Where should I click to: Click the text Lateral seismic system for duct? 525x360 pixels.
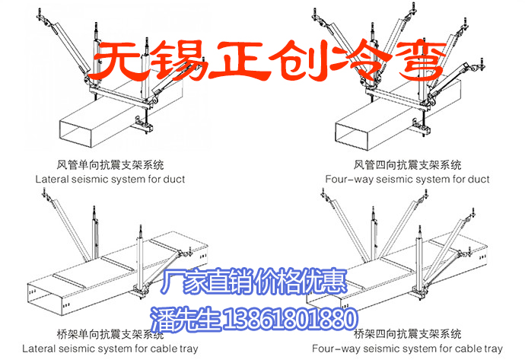coord(110,180)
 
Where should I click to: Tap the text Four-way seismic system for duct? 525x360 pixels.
coord(407,180)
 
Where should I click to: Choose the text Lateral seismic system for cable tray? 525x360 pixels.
coord(110,349)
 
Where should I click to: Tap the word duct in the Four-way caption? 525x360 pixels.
coord(477,180)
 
